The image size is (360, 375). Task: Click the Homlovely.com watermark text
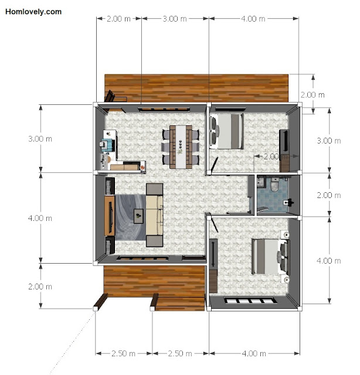pos(33,12)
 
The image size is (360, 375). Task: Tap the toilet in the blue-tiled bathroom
pos(274,185)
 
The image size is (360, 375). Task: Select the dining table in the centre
pos(181,146)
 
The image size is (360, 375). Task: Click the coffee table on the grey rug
pos(138,216)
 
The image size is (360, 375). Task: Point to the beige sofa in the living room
pos(155,215)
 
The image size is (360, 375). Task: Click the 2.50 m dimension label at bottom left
pos(123,353)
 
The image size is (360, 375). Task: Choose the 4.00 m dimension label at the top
pos(253,19)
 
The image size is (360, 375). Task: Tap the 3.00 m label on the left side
pos(40,139)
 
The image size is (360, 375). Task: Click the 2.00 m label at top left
pos(118,19)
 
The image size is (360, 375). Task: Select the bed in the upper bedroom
pos(226,131)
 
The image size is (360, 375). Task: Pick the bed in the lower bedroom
pos(270,257)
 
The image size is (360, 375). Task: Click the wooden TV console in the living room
pos(110,216)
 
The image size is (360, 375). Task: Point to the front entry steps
pos(178,304)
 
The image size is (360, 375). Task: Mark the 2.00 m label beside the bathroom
pos(329,195)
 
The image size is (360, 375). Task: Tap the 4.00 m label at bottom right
pos(254,353)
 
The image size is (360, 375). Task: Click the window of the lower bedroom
pos(250,301)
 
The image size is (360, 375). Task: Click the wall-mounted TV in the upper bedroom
pos(284,141)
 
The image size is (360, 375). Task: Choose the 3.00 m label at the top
pos(175,19)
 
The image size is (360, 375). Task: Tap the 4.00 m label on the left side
pos(40,218)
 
